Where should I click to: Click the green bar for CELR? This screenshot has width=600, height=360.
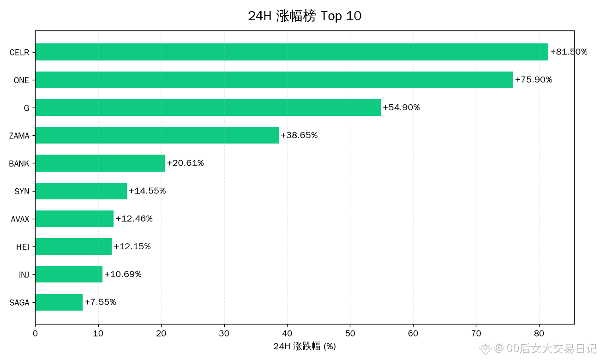click(292, 52)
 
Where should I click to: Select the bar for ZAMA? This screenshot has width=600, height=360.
click(157, 135)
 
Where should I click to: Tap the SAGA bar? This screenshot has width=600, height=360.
click(59, 302)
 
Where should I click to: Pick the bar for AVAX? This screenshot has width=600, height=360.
click(74, 219)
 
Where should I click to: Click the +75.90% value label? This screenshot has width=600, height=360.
click(534, 79)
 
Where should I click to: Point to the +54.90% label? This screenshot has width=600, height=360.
click(401, 108)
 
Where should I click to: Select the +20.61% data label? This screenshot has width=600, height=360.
click(186, 163)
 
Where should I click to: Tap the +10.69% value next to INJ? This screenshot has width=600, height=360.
click(123, 274)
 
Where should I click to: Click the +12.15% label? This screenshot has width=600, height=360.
click(132, 246)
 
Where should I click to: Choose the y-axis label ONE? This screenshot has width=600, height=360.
click(21, 80)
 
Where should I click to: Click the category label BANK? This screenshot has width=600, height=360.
click(19, 163)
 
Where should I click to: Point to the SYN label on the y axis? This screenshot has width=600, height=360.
click(22, 191)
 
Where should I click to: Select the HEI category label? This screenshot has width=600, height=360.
click(23, 247)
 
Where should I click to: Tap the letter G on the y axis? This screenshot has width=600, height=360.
click(26, 108)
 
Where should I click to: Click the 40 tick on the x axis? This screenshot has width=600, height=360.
click(287, 334)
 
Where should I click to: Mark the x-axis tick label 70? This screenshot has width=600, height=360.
click(476, 334)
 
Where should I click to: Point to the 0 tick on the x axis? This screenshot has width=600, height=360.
click(35, 334)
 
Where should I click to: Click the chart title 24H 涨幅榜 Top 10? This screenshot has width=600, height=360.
click(305, 16)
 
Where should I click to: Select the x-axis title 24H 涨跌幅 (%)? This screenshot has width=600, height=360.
click(305, 346)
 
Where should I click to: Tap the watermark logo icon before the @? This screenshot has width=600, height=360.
click(485, 348)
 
